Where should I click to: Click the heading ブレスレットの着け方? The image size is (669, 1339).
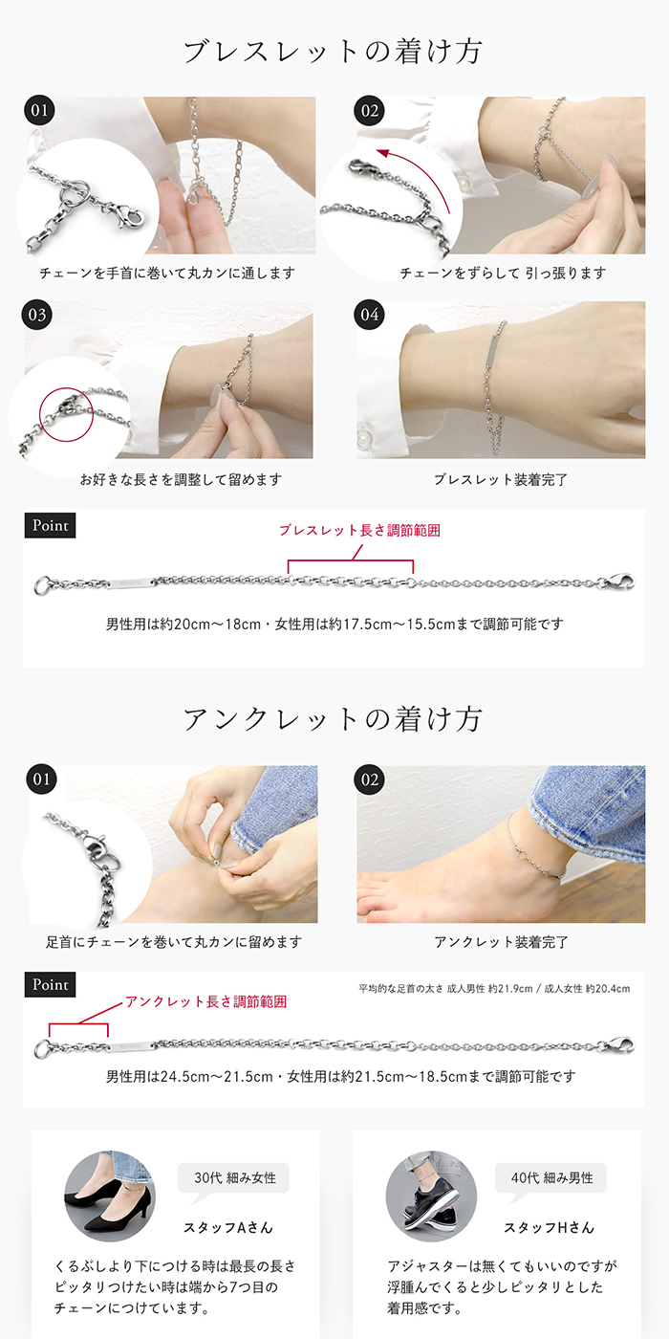coord(334,52)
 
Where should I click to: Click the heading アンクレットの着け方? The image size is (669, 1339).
coord(334,719)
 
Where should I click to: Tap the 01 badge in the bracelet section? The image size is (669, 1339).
coord(39,111)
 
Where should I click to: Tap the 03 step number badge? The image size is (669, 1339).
coord(39,315)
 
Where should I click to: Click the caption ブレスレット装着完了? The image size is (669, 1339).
coord(501,479)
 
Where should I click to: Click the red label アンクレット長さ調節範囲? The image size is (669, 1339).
coord(205,1002)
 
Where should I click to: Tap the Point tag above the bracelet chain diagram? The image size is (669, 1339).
coord(50,525)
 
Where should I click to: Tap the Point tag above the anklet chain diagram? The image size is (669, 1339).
coord(50,984)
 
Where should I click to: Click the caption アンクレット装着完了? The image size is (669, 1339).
coord(501,942)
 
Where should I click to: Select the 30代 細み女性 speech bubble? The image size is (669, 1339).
coord(234,1178)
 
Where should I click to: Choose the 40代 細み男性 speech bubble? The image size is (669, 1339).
coord(550,1178)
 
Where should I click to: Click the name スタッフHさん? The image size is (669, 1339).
coord(549,1227)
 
